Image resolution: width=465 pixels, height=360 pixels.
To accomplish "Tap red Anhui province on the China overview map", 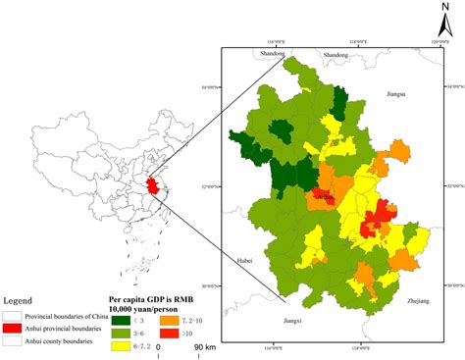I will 150,185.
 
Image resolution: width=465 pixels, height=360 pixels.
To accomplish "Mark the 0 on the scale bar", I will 160,347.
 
